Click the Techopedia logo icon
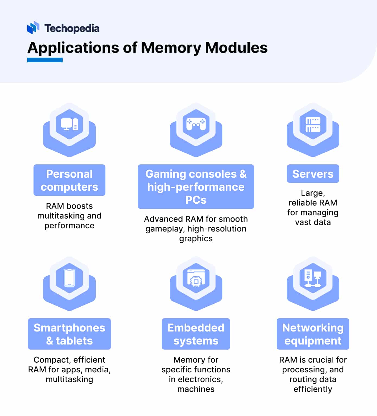[33, 28]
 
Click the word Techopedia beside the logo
[72, 28]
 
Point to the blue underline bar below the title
[45, 60]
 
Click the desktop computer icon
[69, 125]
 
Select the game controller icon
[196, 124]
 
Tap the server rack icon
[313, 125]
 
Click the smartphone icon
[69, 278]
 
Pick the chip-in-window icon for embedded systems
[196, 278]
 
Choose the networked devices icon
[313, 278]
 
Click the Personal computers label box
[69, 180]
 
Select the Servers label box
[313, 174]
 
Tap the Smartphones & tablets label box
[69, 334]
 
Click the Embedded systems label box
[196, 334]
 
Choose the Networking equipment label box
[313, 334]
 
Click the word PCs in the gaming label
[196, 200]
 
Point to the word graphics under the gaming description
[196, 239]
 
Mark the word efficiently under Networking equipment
[313, 389]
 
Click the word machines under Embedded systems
[196, 389]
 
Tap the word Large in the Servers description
[312, 193]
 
